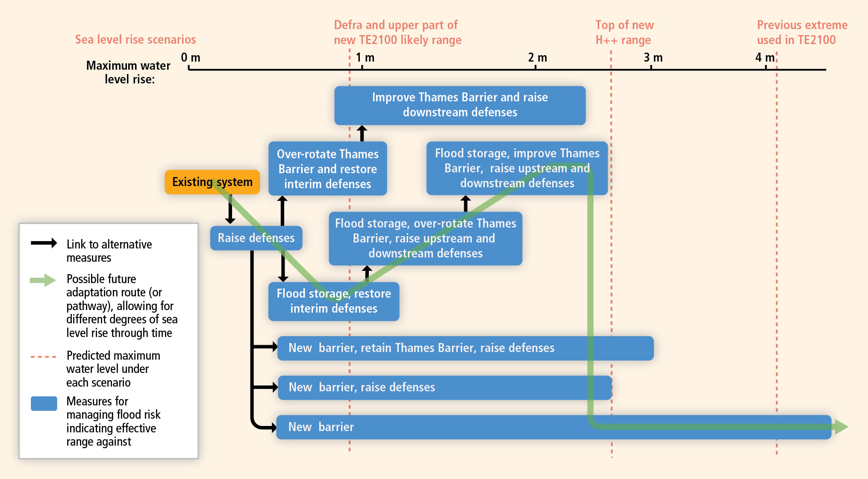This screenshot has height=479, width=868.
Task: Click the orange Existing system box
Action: (x=212, y=182)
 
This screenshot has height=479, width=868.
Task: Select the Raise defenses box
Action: (x=256, y=238)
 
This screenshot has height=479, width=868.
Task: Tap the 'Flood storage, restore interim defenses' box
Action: (x=333, y=301)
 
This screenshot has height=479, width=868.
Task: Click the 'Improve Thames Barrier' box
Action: (x=459, y=105)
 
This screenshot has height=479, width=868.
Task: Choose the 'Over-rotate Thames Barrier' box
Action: (x=327, y=169)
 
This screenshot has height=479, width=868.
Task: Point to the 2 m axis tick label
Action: (x=537, y=57)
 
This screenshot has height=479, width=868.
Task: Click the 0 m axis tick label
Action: (x=191, y=57)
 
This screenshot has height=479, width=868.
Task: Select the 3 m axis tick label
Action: (x=653, y=57)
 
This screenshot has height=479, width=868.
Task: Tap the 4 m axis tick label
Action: (x=764, y=57)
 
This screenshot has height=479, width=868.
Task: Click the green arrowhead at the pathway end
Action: (x=841, y=426)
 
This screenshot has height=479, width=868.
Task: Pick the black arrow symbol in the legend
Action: (x=44, y=243)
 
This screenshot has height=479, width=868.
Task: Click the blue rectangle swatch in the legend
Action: (x=44, y=403)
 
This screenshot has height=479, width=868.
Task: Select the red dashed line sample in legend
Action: (x=44, y=356)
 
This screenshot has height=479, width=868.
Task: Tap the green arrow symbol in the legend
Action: (x=43, y=281)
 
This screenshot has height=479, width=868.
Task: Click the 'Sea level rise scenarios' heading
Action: (x=135, y=40)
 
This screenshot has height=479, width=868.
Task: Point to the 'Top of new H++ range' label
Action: (x=624, y=33)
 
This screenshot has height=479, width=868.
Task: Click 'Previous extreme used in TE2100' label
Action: (x=802, y=33)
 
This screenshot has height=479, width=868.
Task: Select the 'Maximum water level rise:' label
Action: (x=128, y=72)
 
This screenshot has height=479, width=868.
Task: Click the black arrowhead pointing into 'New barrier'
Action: (x=272, y=427)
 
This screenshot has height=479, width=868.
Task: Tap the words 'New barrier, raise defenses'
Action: (x=362, y=387)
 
